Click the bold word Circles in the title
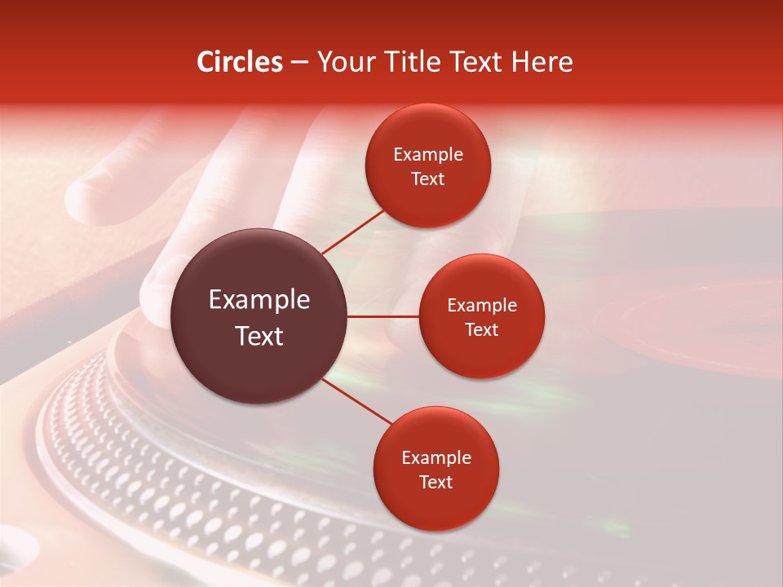240,62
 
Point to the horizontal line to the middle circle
383,316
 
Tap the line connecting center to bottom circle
357,401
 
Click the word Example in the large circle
259,300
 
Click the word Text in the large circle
259,336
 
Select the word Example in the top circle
428,155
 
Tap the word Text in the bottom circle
436,482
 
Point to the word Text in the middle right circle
482,329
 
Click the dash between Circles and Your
299,63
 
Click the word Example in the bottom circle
436,458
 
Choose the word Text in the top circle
428,179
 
